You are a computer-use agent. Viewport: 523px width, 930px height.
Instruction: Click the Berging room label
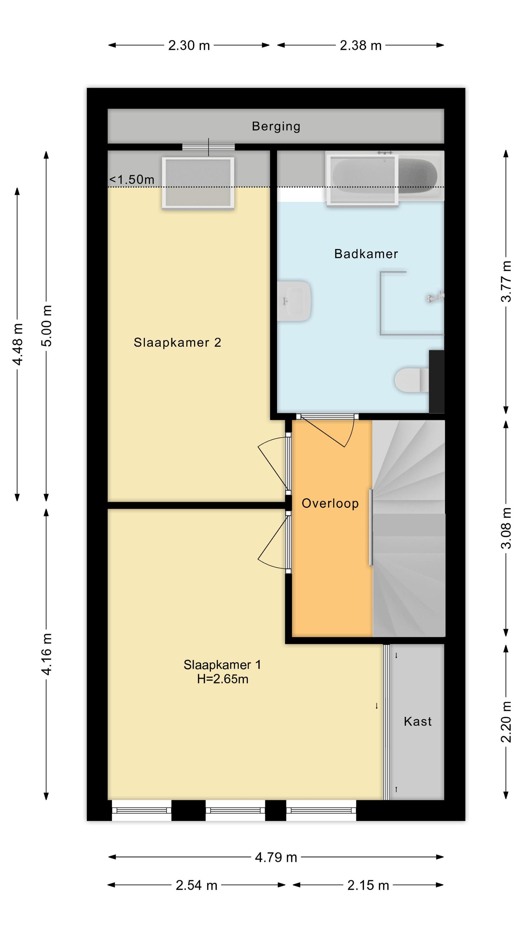coord(276,126)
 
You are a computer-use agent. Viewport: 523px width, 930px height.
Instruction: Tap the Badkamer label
coord(366,254)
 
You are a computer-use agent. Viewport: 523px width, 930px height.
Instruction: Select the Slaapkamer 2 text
coord(177,342)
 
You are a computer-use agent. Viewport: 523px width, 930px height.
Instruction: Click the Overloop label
coord(330,503)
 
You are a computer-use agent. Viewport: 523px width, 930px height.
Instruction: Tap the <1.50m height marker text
coord(132,179)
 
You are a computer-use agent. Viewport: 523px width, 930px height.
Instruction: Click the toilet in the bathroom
coord(412,380)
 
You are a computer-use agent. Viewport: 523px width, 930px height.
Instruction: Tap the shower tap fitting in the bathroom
coord(435,296)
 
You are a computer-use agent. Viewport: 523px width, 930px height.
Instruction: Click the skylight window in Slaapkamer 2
coord(198,183)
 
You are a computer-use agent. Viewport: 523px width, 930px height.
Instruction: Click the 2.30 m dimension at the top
coord(189,46)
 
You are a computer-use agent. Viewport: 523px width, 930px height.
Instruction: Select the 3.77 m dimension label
coord(507,281)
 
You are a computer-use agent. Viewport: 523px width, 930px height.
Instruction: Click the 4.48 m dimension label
coord(18,344)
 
